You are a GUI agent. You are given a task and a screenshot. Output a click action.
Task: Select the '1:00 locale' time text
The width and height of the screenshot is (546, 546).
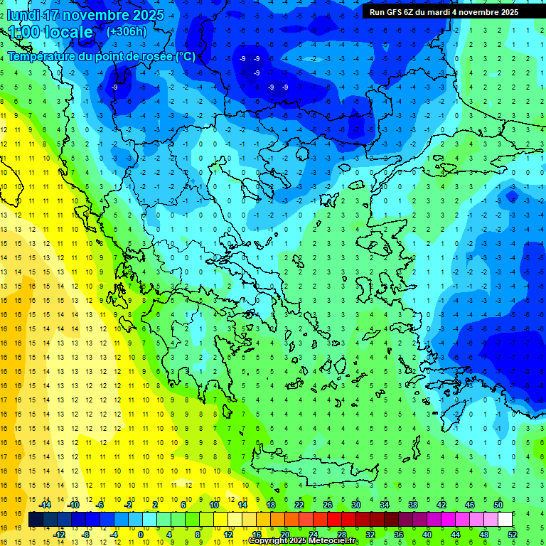[50, 32]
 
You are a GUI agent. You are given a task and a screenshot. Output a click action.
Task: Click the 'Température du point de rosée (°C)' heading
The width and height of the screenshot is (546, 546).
[101, 56]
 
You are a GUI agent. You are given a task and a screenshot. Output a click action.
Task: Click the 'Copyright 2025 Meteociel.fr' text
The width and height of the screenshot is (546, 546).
[302, 541]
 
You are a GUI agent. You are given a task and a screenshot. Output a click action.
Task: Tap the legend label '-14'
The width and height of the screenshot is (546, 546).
[45, 505]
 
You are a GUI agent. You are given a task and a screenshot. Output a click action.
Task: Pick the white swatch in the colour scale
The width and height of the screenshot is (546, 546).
[505, 520]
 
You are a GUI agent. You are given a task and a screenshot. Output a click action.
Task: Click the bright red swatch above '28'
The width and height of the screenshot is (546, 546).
[335, 520]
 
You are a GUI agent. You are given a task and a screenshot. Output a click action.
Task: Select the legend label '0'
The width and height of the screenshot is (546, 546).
[141, 535]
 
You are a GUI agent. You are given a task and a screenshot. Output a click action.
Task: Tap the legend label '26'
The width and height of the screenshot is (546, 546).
[328, 505]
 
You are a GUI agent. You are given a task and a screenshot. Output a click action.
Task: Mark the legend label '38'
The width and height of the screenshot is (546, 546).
[413, 505]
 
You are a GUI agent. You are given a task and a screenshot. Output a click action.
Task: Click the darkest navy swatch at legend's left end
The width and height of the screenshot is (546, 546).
[36, 520]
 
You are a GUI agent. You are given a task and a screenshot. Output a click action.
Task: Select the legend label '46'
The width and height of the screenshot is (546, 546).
[470, 505]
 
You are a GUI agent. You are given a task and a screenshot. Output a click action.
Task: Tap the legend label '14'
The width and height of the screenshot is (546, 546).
[242, 505]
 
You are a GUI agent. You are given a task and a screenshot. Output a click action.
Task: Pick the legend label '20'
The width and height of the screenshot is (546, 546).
[285, 535]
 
